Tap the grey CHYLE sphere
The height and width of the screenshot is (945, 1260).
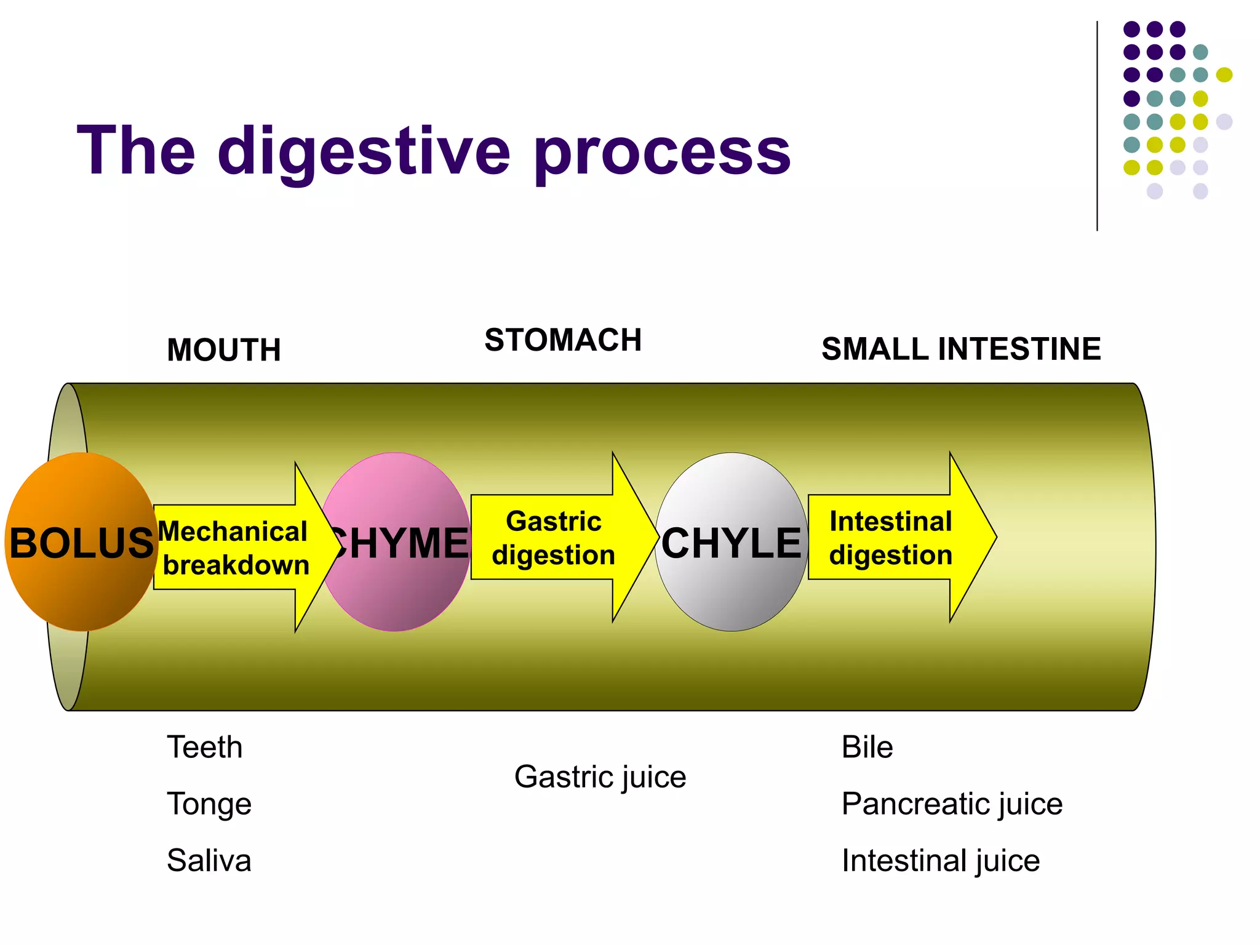point(731,541)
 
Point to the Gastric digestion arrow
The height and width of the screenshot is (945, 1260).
point(554,537)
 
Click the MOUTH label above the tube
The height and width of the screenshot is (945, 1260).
point(224,350)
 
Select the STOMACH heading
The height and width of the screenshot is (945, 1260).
point(563,340)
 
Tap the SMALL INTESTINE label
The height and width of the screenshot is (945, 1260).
point(961,349)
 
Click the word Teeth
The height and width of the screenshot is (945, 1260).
point(205,747)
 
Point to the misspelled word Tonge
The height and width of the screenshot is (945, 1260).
point(209,803)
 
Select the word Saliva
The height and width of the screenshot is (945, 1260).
point(209,860)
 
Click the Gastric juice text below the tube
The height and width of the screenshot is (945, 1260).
point(600,776)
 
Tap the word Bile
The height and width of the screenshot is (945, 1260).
point(867,747)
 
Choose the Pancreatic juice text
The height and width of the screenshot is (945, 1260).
point(952,803)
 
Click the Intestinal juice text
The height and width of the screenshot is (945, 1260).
point(941,860)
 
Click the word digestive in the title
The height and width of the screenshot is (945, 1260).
point(364,151)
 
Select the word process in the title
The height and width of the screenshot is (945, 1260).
point(662,151)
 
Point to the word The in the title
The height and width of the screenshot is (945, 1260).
point(136,150)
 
